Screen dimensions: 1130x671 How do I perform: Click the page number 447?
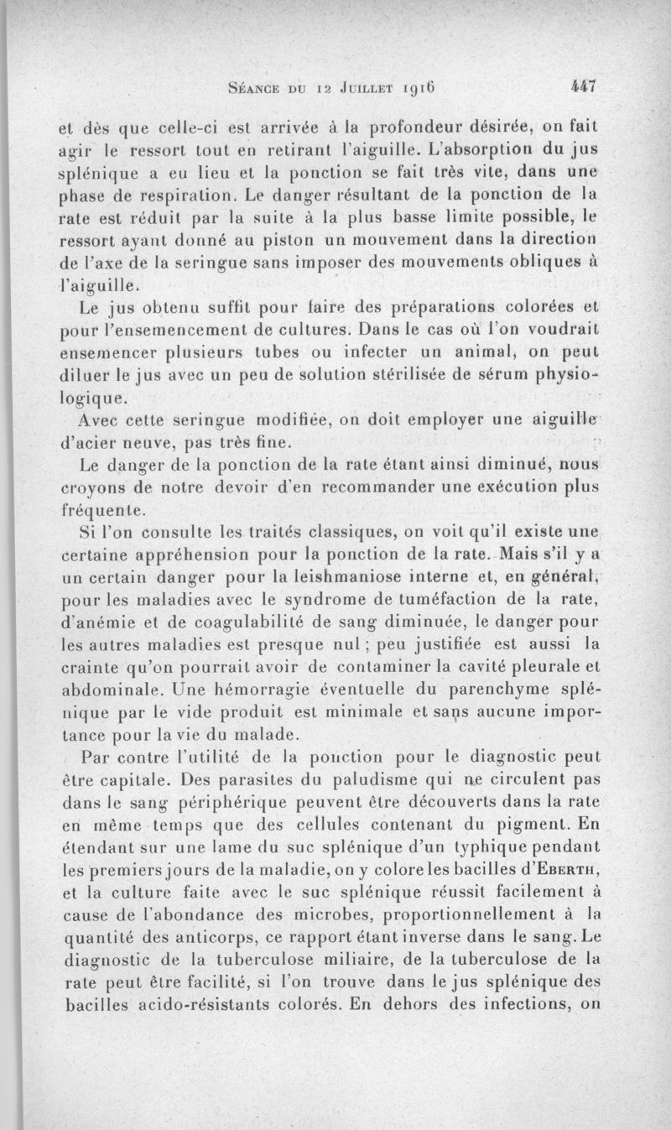[581, 85]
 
